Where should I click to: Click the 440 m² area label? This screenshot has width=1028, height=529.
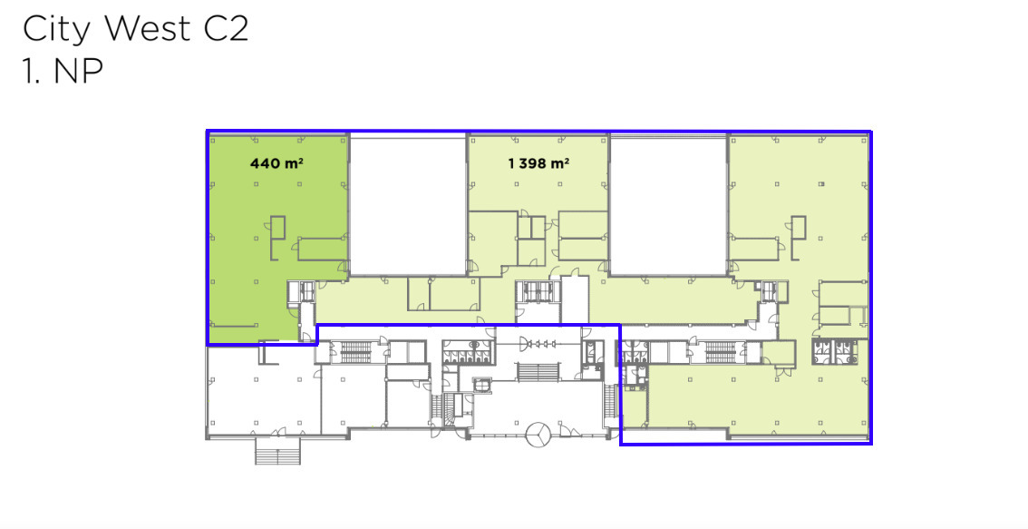(276, 162)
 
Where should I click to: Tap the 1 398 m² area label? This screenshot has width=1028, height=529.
(538, 162)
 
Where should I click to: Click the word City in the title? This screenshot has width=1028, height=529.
(58, 30)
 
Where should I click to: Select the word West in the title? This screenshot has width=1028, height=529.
(147, 29)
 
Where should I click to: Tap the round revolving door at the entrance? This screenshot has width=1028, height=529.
(538, 435)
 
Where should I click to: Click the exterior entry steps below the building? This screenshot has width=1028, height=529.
(278, 452)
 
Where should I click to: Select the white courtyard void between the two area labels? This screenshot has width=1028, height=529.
(408, 205)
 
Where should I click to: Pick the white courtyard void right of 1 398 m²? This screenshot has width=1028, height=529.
(669, 205)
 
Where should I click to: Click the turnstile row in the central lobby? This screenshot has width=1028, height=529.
(538, 343)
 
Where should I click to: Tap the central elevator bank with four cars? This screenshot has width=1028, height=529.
(538, 292)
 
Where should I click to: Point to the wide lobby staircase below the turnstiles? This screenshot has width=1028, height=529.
(538, 371)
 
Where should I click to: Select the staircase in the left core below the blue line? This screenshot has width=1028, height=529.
(356, 352)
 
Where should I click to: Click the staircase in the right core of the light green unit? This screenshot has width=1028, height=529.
(723, 352)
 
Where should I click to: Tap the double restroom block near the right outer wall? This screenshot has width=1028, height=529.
(836, 353)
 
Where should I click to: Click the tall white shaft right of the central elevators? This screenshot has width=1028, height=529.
(575, 299)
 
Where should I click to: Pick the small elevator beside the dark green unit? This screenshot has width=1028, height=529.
(306, 290)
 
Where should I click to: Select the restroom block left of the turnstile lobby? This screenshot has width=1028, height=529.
(467, 352)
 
